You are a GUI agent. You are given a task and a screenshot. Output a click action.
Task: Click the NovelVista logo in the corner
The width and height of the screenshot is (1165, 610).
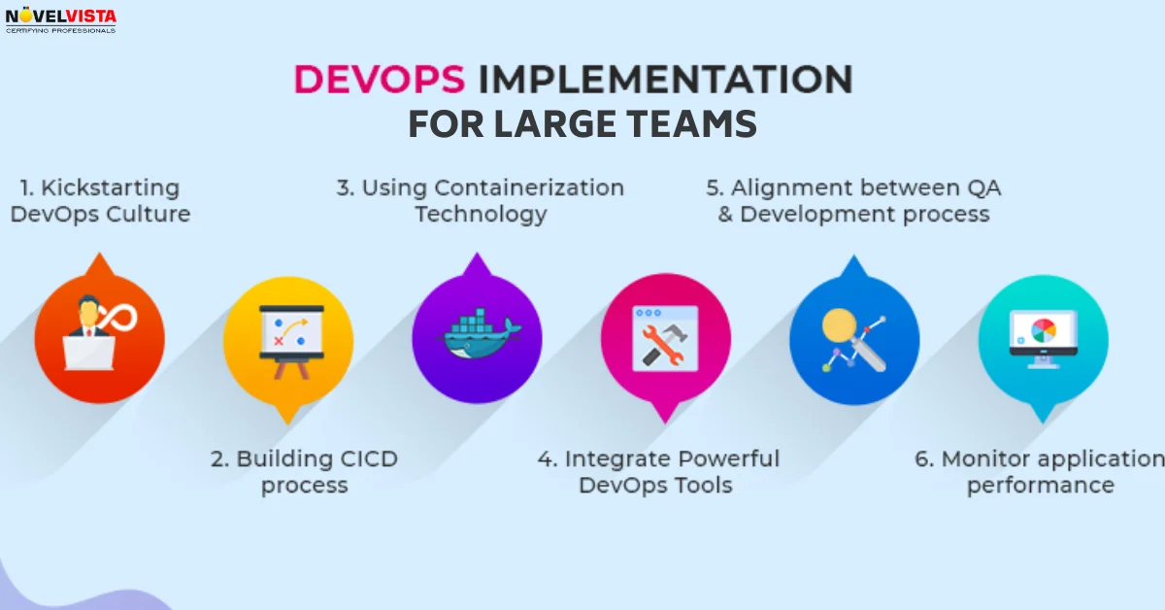click(x=61, y=18)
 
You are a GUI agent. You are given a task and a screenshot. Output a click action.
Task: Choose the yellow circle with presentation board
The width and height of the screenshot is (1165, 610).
click(x=287, y=339)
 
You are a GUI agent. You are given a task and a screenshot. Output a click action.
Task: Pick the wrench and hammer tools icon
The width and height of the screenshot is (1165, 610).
click(x=665, y=339)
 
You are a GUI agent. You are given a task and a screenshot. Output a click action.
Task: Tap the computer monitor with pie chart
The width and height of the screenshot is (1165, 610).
click(x=1043, y=338)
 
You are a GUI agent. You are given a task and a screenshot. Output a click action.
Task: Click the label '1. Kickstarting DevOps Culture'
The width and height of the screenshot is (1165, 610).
click(x=100, y=200)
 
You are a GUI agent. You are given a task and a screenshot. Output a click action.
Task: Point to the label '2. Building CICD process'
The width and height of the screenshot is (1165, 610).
click(x=304, y=471)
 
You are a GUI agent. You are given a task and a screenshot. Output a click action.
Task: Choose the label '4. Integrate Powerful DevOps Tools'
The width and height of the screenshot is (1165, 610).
click(x=658, y=471)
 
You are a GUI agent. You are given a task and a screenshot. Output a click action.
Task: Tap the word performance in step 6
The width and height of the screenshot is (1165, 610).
click(x=1040, y=484)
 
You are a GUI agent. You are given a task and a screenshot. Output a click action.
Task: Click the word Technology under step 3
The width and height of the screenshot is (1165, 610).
click(x=481, y=214)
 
